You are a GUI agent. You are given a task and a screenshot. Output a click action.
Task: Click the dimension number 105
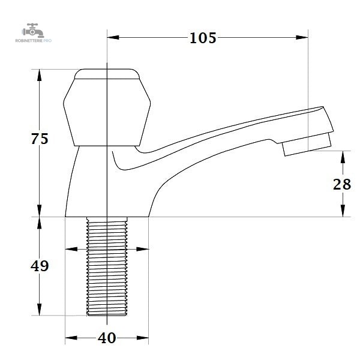(x=203, y=38)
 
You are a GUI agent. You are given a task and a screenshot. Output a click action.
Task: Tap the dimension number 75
(x=40, y=139)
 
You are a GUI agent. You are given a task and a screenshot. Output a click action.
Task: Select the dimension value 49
(x=40, y=266)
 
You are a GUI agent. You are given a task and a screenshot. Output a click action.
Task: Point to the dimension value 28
(x=342, y=184)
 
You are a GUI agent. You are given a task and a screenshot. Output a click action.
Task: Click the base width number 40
(x=107, y=338)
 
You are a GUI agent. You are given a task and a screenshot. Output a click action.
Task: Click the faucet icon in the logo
(x=33, y=31)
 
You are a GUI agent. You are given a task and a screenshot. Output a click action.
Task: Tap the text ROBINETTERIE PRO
(x=34, y=41)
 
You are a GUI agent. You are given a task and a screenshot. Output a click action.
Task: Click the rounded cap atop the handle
(x=107, y=74)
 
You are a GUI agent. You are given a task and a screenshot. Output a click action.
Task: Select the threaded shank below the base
(x=107, y=266)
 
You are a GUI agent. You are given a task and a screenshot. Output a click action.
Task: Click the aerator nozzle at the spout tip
(x=307, y=145)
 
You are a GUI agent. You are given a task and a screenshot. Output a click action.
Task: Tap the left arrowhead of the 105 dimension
(x=113, y=37)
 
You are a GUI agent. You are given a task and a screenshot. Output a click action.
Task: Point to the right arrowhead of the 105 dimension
(x=302, y=37)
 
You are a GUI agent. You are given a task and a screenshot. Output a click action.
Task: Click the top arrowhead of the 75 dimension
(x=40, y=75)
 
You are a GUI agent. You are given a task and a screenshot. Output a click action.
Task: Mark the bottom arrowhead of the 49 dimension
(x=40, y=309)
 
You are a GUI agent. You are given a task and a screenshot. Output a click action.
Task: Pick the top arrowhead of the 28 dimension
(x=343, y=157)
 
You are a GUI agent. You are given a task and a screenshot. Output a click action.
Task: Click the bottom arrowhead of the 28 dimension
(x=343, y=211)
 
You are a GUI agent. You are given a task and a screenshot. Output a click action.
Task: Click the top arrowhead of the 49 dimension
(x=40, y=223)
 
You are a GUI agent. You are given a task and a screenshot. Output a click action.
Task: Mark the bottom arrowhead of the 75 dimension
(x=40, y=211)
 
